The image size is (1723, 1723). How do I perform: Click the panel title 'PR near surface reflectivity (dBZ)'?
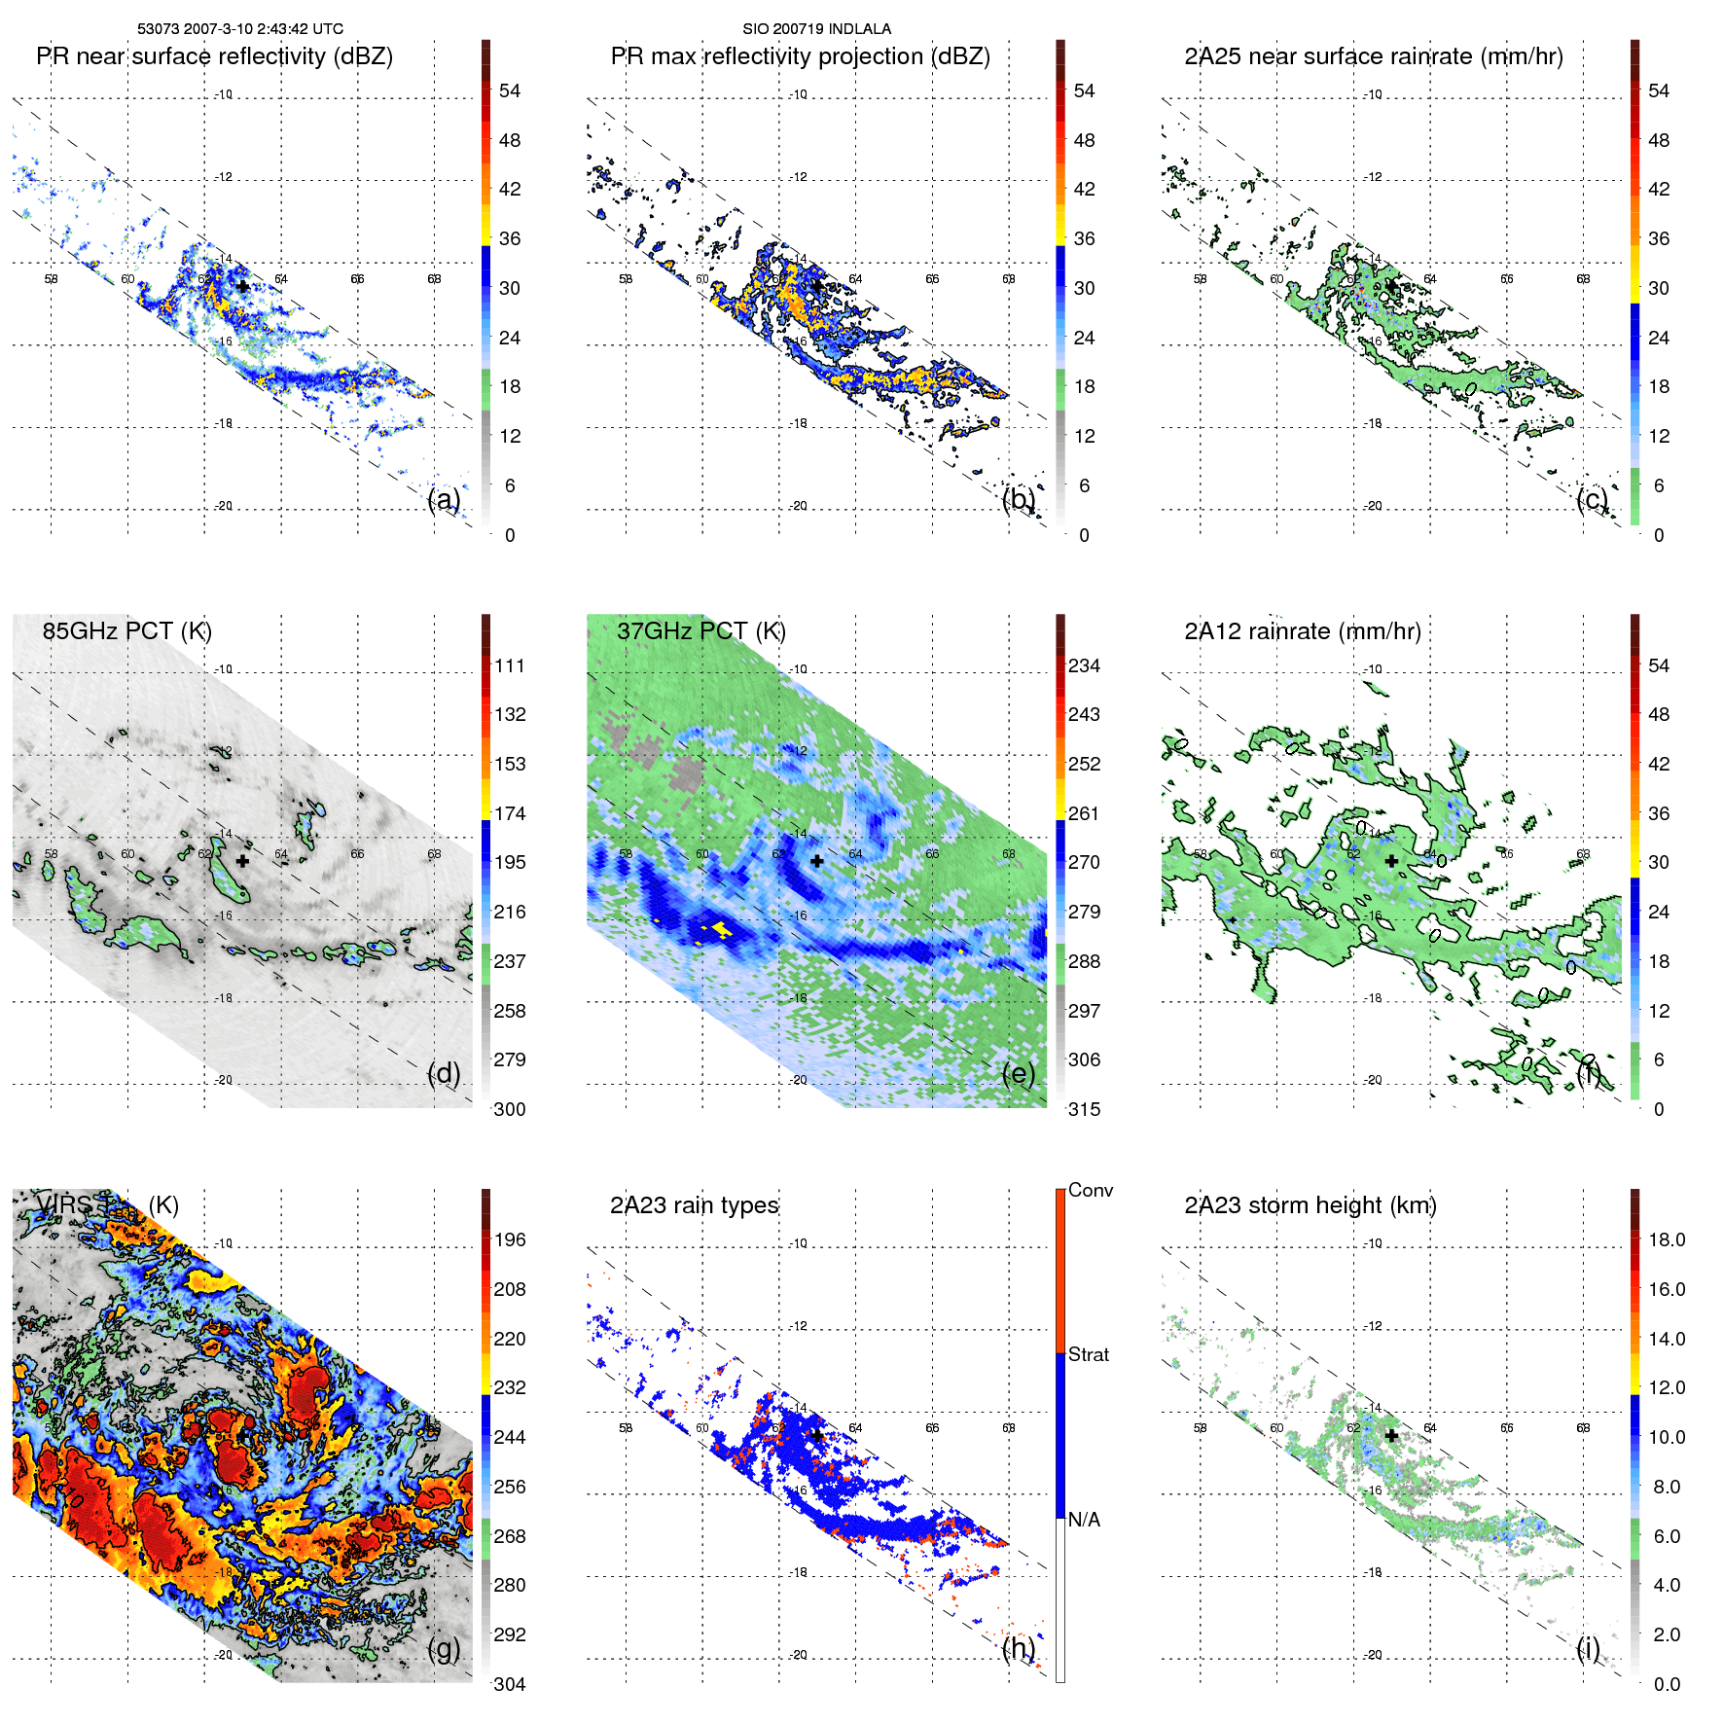pyautogui.click(x=214, y=56)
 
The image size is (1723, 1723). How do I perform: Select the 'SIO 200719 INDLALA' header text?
pyautogui.click(x=816, y=29)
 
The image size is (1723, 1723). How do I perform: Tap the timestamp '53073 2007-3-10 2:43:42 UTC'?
pyautogui.click(x=239, y=29)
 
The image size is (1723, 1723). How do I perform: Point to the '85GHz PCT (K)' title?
pyautogui.click(x=126, y=631)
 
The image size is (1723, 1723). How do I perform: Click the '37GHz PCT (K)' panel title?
pyautogui.click(x=700, y=631)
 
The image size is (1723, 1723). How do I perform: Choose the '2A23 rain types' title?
pyautogui.click(x=694, y=1205)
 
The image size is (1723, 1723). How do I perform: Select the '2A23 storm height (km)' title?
pyautogui.click(x=1310, y=1205)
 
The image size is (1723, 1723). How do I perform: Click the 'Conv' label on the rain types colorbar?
pyautogui.click(x=1090, y=1191)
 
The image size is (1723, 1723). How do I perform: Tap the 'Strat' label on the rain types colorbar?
pyautogui.click(x=1088, y=1355)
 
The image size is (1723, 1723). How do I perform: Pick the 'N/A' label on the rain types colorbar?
pyautogui.click(x=1084, y=1520)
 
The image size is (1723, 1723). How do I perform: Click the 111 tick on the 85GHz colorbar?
pyautogui.click(x=509, y=666)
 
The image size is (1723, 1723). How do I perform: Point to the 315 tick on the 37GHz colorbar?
pyautogui.click(x=1084, y=1109)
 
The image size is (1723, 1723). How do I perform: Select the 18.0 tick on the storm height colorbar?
pyautogui.click(x=1666, y=1240)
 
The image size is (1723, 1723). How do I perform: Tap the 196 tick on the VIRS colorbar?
pyautogui.click(x=509, y=1240)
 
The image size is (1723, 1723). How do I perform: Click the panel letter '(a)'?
pyautogui.click(x=444, y=499)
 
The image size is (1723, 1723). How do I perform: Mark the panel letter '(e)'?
pyautogui.click(x=1019, y=1073)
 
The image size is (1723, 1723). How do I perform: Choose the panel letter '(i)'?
pyautogui.click(x=1588, y=1648)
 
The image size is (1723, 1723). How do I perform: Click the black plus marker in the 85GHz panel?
pyautogui.click(x=242, y=861)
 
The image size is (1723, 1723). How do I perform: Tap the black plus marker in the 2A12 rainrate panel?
pyautogui.click(x=1391, y=861)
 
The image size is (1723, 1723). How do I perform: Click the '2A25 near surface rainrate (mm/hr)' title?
pyautogui.click(x=1373, y=56)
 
